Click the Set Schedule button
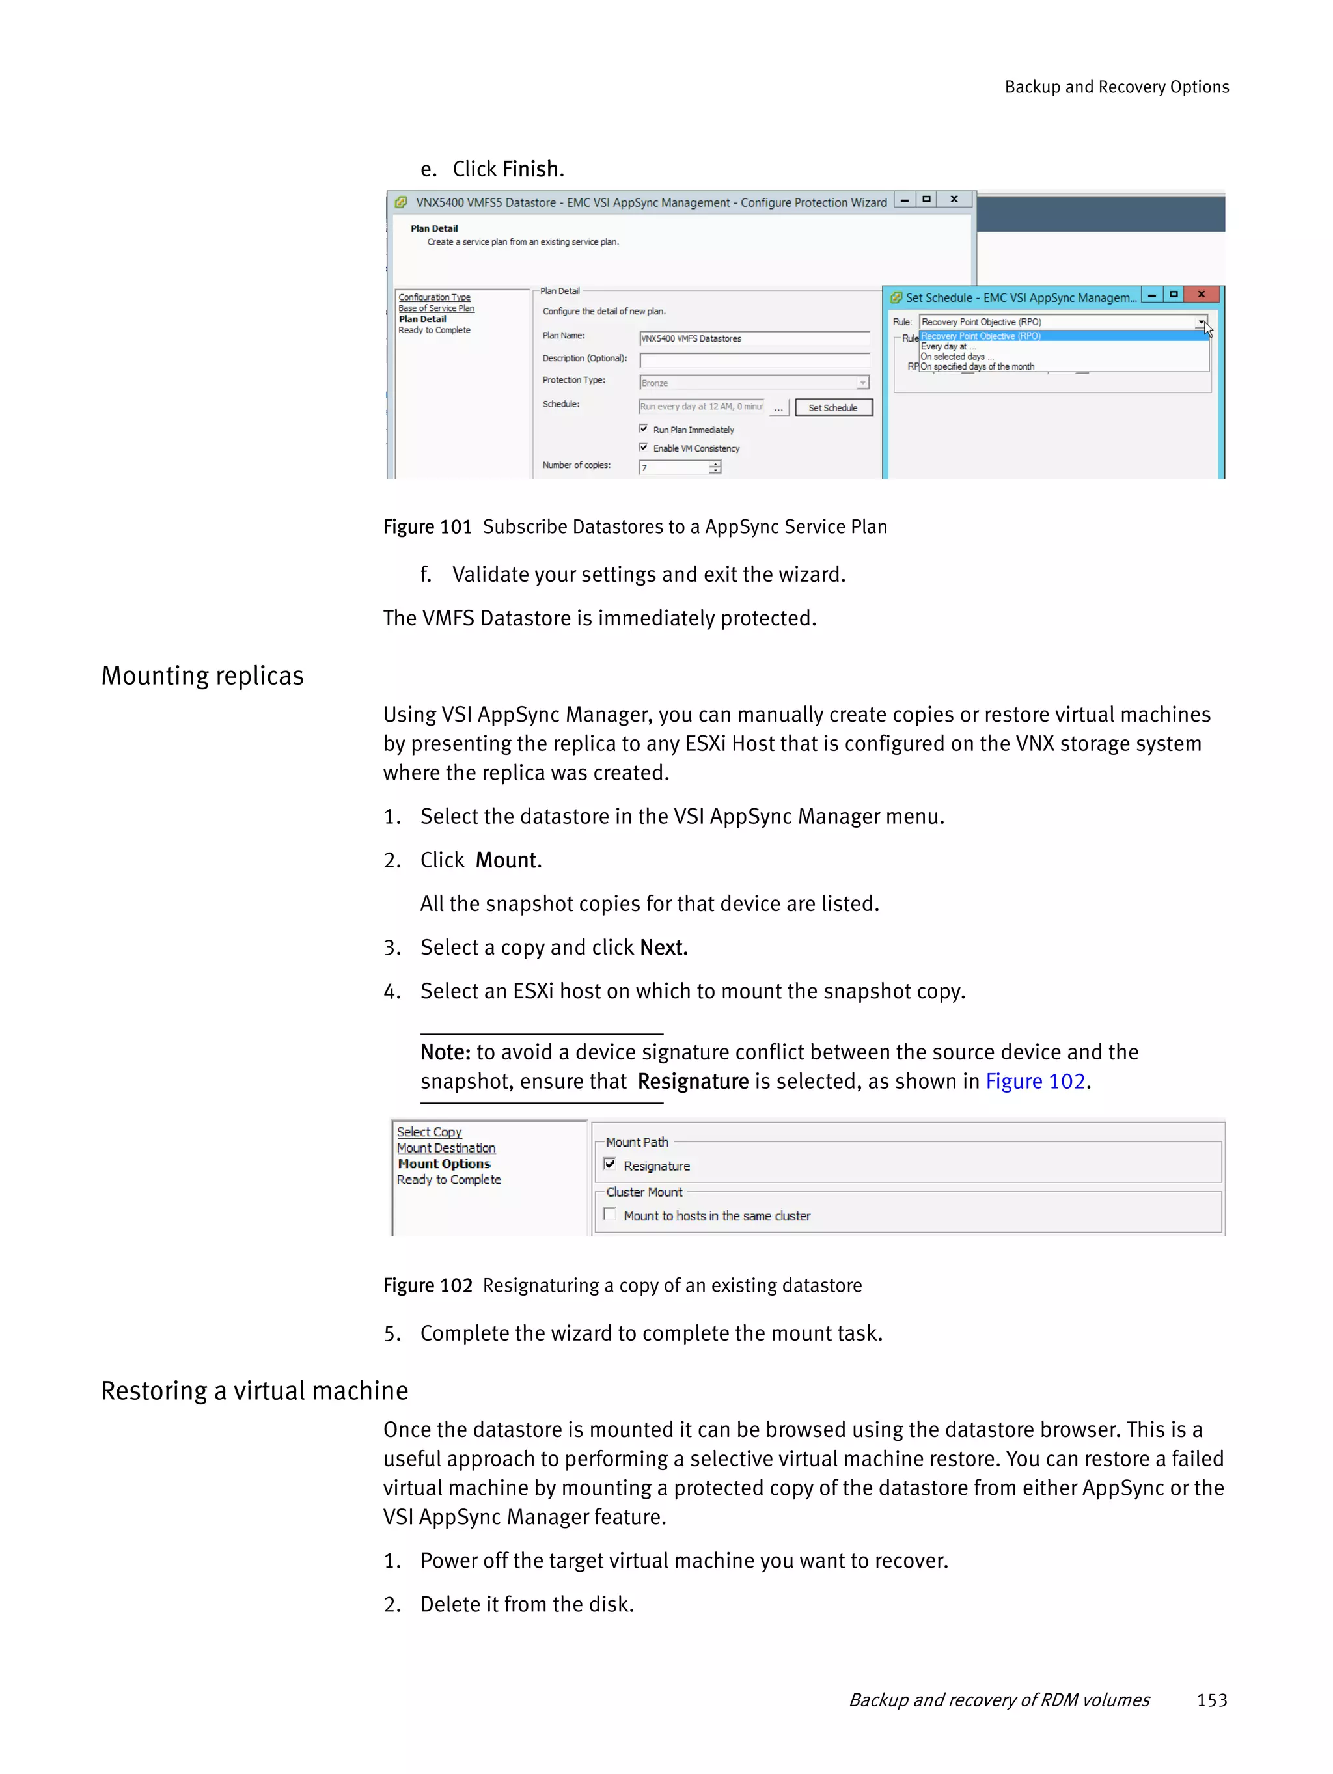point(832,407)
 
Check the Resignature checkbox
point(610,1164)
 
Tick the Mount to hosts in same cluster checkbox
point(610,1214)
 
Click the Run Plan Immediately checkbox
point(643,429)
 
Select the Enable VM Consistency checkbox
point(643,448)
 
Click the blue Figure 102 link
point(1035,1081)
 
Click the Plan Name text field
point(754,338)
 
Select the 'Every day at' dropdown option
point(945,346)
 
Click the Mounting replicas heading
point(202,676)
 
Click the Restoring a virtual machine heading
point(254,1391)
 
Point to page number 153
point(1211,1700)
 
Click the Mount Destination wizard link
point(446,1149)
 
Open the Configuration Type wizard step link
point(434,297)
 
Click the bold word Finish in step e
point(531,169)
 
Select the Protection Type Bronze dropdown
point(754,383)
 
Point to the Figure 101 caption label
point(427,527)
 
